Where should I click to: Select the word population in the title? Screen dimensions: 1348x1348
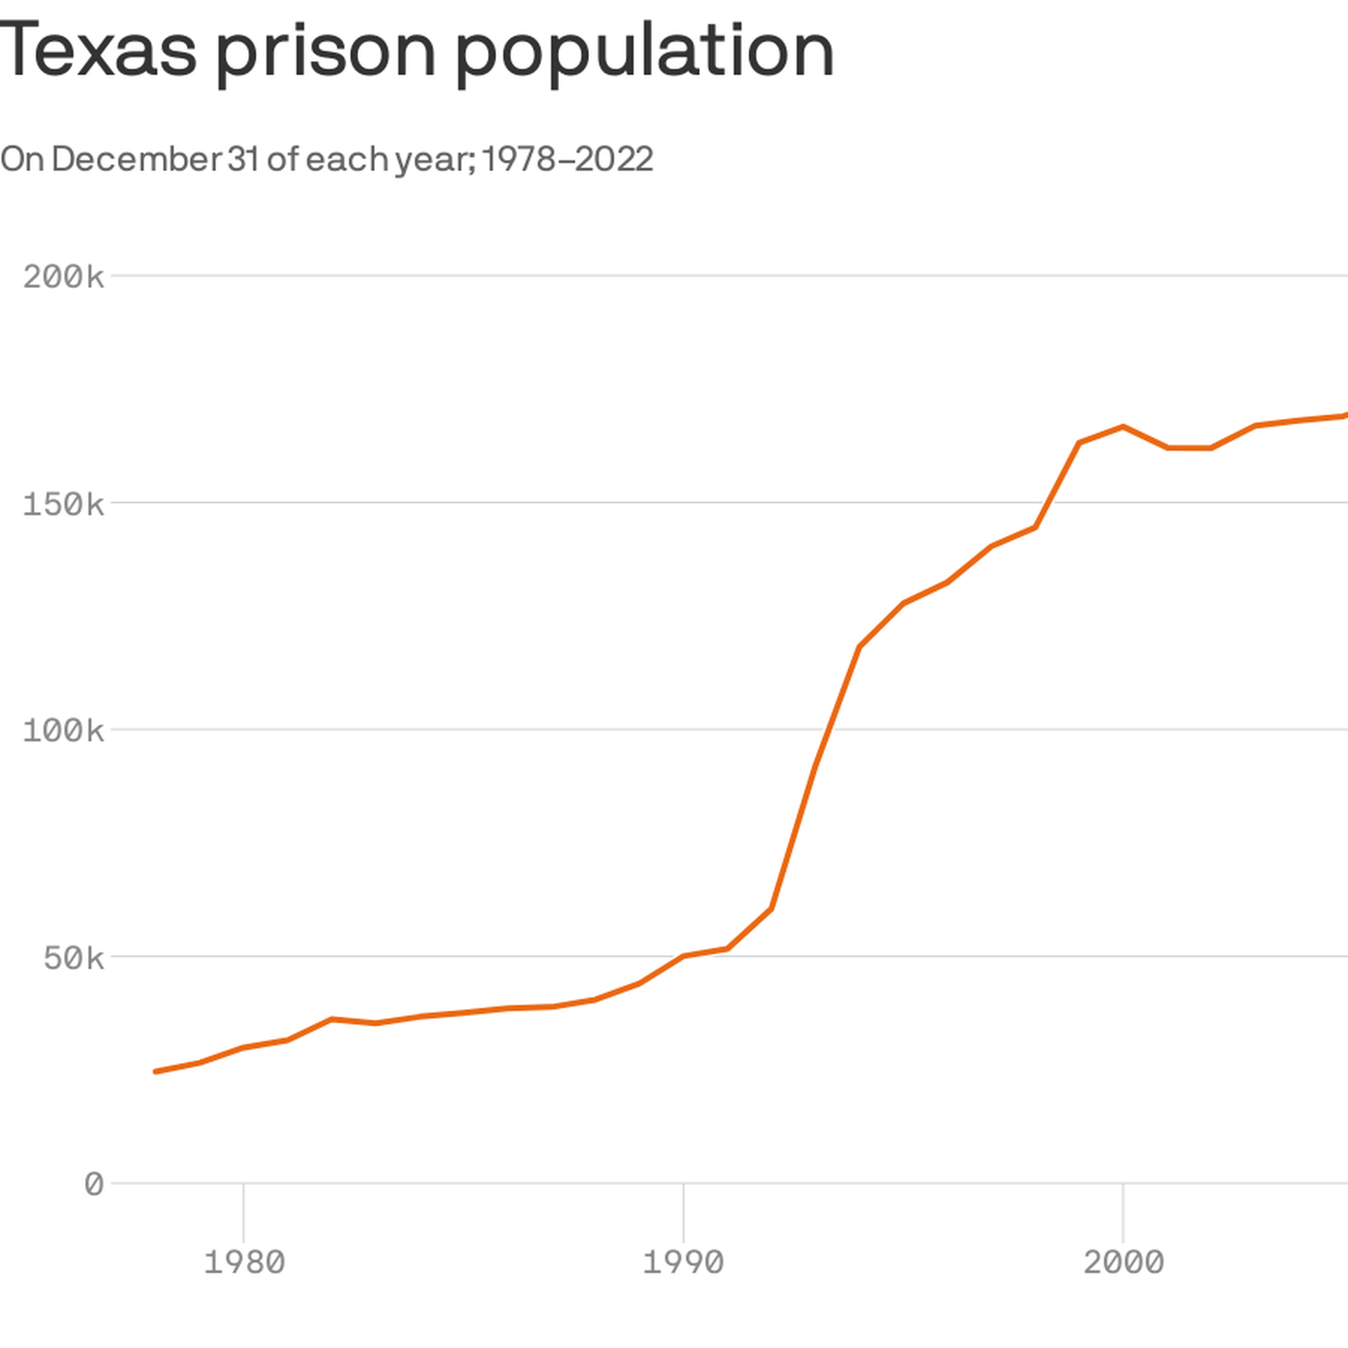click(645, 51)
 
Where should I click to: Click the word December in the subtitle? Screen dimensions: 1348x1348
click(136, 159)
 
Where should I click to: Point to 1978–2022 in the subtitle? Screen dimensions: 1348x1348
click(567, 159)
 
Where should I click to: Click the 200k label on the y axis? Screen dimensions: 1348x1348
click(63, 277)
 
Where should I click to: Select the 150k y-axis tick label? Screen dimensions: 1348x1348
click(63, 504)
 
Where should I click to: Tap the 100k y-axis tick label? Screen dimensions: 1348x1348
click(63, 731)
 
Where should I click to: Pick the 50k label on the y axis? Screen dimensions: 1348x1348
click(74, 958)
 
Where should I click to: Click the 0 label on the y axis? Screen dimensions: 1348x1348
click(94, 1184)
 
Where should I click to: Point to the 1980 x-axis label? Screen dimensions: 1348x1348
click(244, 1262)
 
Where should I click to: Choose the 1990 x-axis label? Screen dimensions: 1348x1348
click(683, 1262)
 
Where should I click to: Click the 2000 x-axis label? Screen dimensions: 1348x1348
click(1123, 1262)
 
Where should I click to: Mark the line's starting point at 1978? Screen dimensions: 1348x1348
click(155, 1071)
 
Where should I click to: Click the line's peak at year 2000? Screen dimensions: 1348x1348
click(1123, 426)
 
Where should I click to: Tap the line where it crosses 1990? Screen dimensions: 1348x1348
click(683, 956)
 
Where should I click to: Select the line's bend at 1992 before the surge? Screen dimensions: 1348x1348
click(772, 908)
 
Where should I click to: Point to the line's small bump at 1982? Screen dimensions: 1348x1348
click(331, 1019)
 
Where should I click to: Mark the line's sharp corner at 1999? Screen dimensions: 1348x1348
click(1079, 442)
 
